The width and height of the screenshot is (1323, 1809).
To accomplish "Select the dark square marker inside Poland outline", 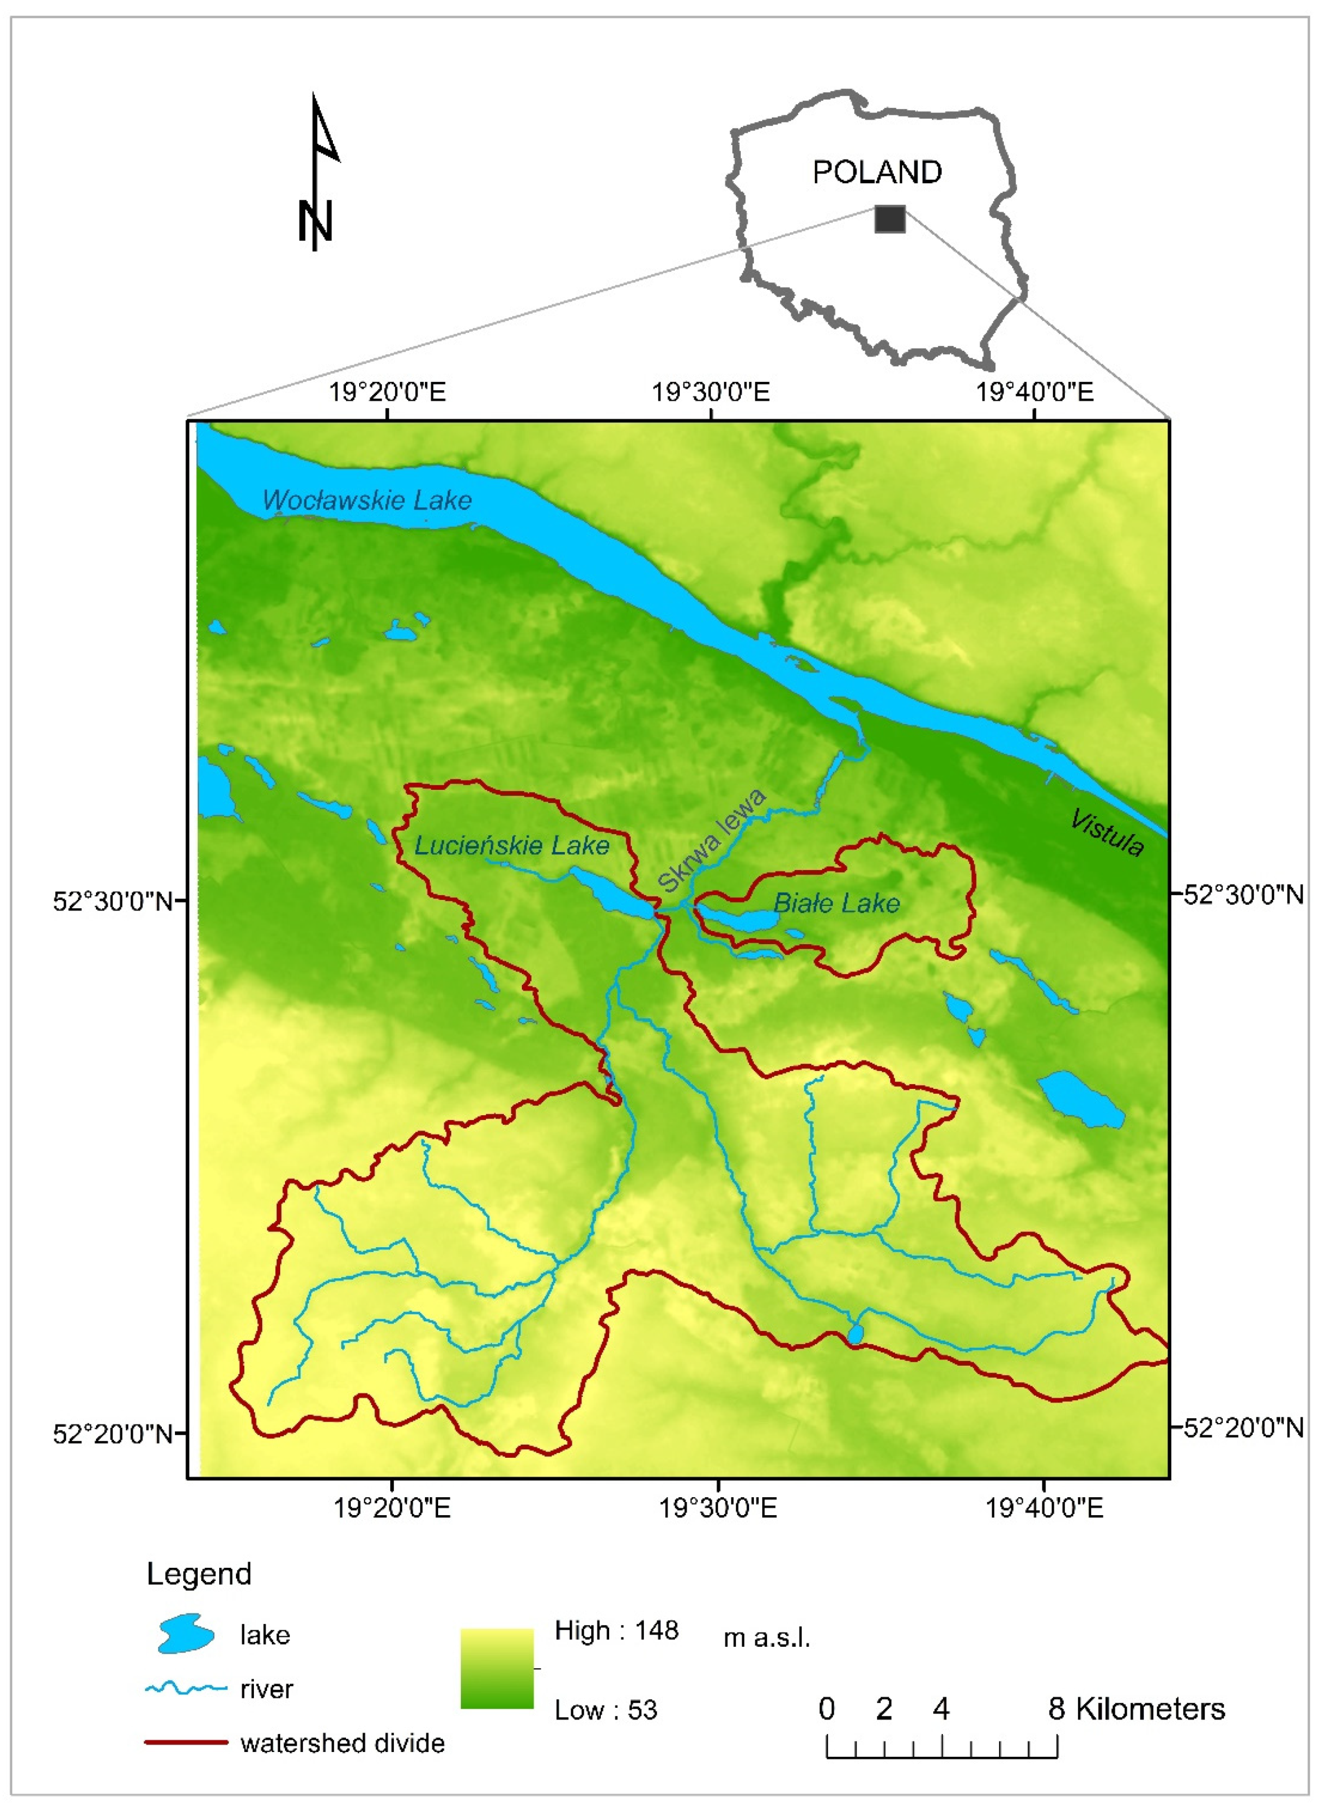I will [889, 219].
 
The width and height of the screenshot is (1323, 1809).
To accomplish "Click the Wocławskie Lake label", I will [367, 500].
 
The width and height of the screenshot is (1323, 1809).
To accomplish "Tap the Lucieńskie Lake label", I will [512, 846].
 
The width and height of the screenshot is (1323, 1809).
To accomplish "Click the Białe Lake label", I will [836, 903].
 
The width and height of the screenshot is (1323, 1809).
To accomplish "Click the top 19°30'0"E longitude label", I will [710, 392].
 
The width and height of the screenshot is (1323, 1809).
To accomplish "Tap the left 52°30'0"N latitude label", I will [113, 901].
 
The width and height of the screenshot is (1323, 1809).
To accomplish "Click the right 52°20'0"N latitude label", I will [1244, 1428].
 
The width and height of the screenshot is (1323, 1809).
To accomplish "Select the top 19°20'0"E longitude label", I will [387, 392].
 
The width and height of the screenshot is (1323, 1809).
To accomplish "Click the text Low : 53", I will [605, 1710].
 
